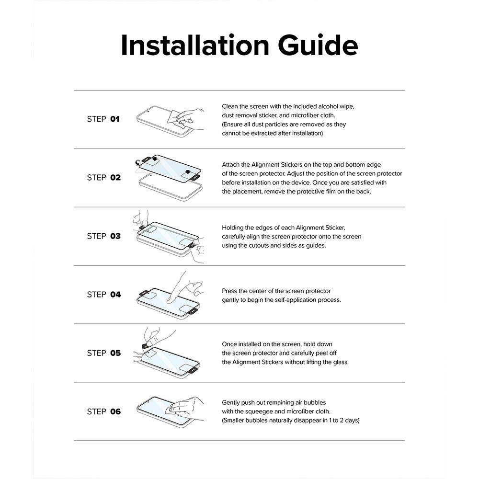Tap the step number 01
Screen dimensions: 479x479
[x=115, y=119]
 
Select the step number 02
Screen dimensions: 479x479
[x=115, y=178]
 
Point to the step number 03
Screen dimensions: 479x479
[x=115, y=236]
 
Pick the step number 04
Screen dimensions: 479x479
[x=115, y=295]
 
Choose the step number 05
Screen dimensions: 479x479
[x=115, y=353]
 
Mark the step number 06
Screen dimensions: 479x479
[x=115, y=411]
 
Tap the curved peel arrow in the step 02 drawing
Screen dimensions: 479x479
[x=138, y=162]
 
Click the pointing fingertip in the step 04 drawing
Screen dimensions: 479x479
[x=169, y=301]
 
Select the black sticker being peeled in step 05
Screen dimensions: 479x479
[x=147, y=345]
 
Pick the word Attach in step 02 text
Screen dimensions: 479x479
[x=231, y=165]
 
